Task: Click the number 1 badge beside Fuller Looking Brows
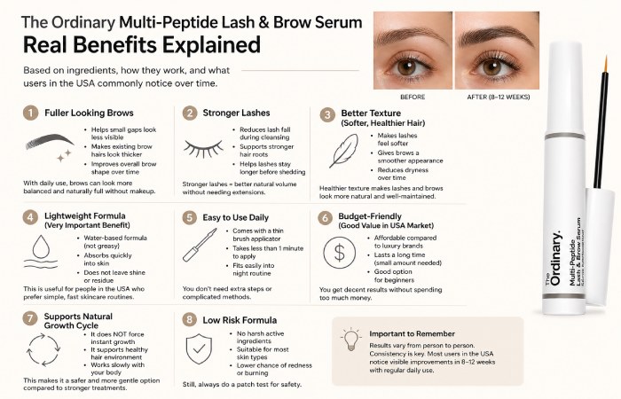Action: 31,113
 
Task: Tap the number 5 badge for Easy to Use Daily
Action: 189,216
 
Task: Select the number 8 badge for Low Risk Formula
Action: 189,319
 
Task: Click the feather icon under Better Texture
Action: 343,152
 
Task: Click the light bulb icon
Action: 350,338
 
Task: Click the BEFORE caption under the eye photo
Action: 413,97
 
